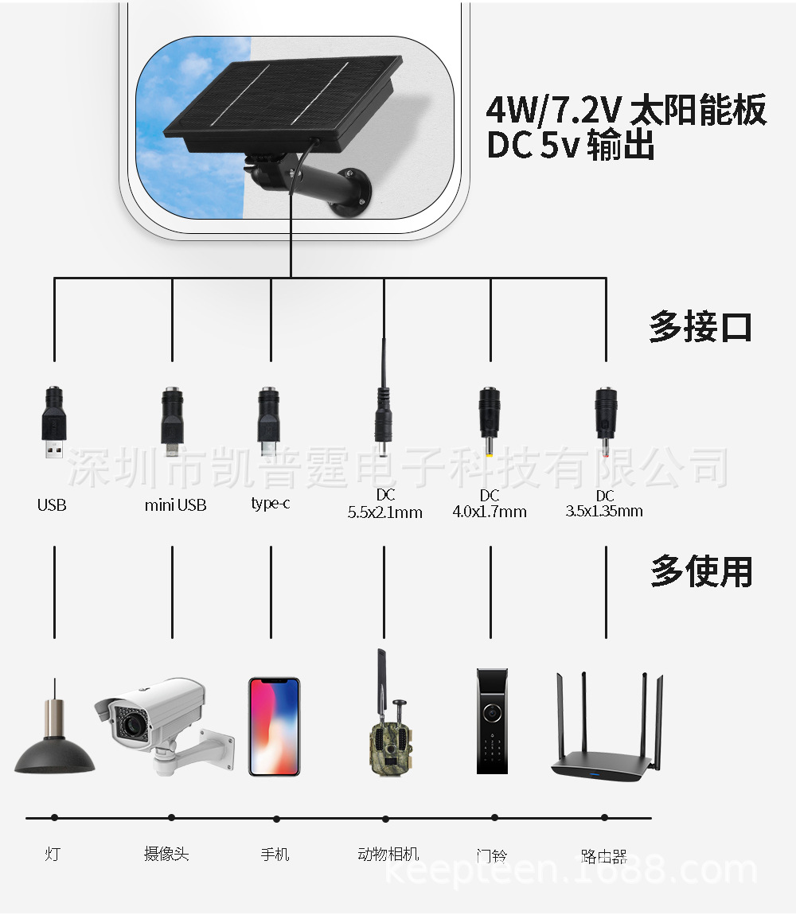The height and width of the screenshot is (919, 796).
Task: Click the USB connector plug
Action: [54, 423]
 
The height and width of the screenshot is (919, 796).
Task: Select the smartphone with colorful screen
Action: [274, 726]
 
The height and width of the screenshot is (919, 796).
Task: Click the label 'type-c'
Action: [270, 503]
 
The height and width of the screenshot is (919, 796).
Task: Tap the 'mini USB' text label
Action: [175, 505]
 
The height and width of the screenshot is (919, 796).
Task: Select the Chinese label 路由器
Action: [604, 856]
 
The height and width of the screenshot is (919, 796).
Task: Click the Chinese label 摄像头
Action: [166, 854]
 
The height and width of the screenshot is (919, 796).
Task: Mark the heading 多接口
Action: [700, 327]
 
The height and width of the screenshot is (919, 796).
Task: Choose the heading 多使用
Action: [700, 571]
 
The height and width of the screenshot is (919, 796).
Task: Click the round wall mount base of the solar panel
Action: [351, 193]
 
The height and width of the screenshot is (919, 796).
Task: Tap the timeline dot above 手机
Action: [276, 818]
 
